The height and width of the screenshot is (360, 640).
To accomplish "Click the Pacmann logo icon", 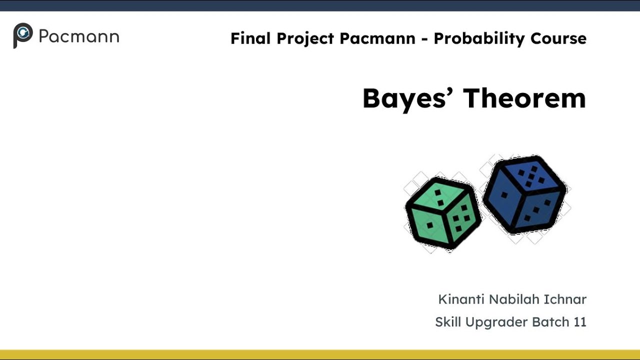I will point(22,35).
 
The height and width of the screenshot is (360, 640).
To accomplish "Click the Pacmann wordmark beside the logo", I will point(78,37).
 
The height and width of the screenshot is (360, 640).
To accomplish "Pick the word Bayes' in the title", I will point(408,98).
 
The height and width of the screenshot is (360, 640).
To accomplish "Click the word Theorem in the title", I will point(524,98).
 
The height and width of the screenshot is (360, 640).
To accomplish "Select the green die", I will point(442,213).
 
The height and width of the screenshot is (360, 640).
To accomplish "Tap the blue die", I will point(524,194).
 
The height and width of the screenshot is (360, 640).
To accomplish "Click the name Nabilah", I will point(511,299).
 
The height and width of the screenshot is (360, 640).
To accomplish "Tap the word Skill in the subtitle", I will point(448,322).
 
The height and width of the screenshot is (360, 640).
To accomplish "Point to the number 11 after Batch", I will point(580,322).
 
